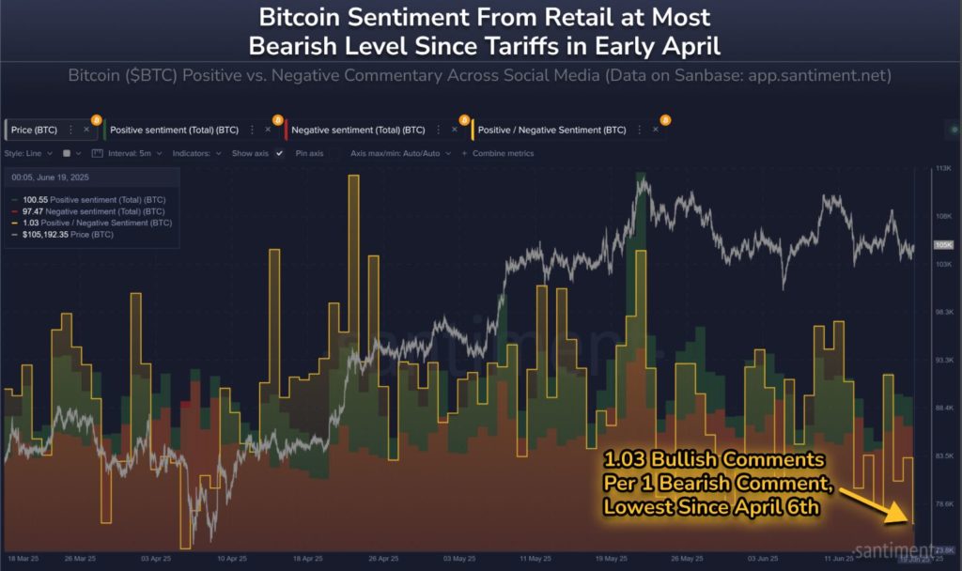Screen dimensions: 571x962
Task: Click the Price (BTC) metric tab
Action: pyautogui.click(x=35, y=130)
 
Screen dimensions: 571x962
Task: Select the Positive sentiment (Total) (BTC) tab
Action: pyautogui.click(x=174, y=130)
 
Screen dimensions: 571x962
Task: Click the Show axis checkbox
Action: pyautogui.click(x=279, y=153)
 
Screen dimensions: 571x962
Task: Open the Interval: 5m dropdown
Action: pyautogui.click(x=135, y=153)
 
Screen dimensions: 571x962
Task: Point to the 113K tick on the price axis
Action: pyautogui.click(x=941, y=169)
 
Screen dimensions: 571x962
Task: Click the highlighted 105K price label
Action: pyautogui.click(x=942, y=244)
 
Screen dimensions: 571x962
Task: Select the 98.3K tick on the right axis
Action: pyautogui.click(x=941, y=312)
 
